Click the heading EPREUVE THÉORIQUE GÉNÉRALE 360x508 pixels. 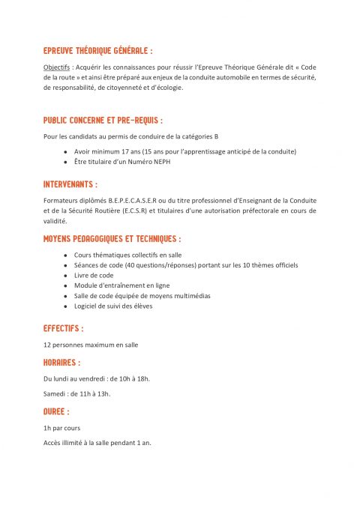pyautogui.click(x=97, y=52)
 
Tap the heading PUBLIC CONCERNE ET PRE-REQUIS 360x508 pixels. pyautogui.click(x=103, y=120)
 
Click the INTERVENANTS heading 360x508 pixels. pyautogui.click(x=70, y=184)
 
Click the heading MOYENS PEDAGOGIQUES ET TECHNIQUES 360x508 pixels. pyautogui.click(x=112, y=239)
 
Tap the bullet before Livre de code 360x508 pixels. pyautogui.click(x=66, y=275)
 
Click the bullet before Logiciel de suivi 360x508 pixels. pyautogui.click(x=66, y=306)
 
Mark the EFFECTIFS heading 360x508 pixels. pyautogui.click(x=63, y=328)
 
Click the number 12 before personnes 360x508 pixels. pyautogui.click(x=47, y=345)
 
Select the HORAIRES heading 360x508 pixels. pyautogui.click(x=61, y=363)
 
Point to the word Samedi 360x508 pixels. pyautogui.click(x=55, y=393)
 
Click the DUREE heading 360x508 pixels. pyautogui.click(x=56, y=411)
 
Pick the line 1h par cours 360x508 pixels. pyautogui.click(x=62, y=428)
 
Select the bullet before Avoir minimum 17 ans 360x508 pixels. pyautogui.click(x=66, y=151)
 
